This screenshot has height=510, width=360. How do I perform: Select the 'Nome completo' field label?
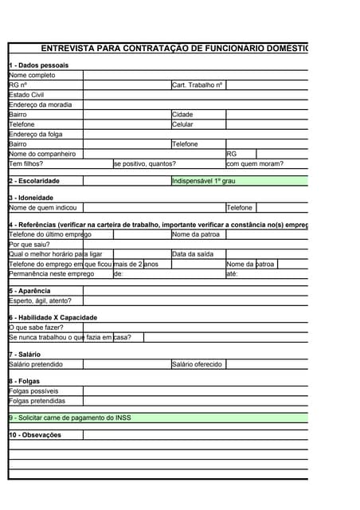32,75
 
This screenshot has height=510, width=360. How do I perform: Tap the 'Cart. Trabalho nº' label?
197,84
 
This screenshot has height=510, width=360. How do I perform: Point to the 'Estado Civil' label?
27,95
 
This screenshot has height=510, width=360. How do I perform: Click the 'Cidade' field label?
182,115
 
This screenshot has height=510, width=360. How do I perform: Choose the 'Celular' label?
182,124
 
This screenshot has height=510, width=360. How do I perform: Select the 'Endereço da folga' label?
35,135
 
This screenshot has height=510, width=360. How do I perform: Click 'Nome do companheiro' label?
42,154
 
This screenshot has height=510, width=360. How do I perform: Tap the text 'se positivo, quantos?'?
145,164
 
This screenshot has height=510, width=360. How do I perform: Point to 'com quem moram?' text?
255,164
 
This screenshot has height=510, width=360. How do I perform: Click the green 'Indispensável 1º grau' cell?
204,181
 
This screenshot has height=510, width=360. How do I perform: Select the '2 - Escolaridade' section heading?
34,181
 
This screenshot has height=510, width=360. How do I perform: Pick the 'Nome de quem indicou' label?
41,208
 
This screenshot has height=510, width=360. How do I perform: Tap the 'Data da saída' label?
193,254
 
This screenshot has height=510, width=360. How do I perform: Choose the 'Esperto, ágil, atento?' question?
40,300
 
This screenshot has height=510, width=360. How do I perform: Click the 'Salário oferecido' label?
197,364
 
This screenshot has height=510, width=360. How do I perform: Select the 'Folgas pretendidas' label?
37,401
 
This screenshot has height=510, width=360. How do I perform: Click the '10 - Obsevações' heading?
35,435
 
